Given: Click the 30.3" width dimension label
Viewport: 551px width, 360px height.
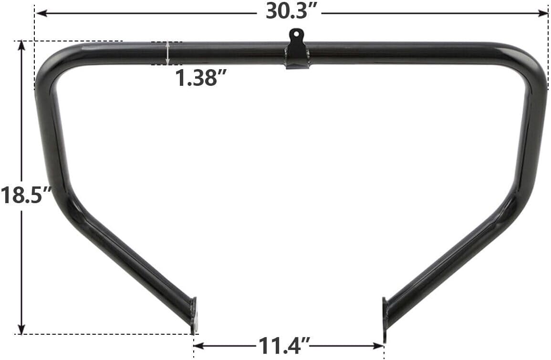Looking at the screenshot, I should (x=292, y=12).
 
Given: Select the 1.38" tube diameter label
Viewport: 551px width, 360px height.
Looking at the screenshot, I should (x=196, y=78).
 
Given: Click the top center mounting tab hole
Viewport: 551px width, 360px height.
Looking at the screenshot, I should (x=297, y=34).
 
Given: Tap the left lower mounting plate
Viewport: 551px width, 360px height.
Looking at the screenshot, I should (x=193, y=315).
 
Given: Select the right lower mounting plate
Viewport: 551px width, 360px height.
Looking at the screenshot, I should (x=385, y=315).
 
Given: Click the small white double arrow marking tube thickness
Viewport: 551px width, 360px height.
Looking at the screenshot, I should (x=167, y=53).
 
